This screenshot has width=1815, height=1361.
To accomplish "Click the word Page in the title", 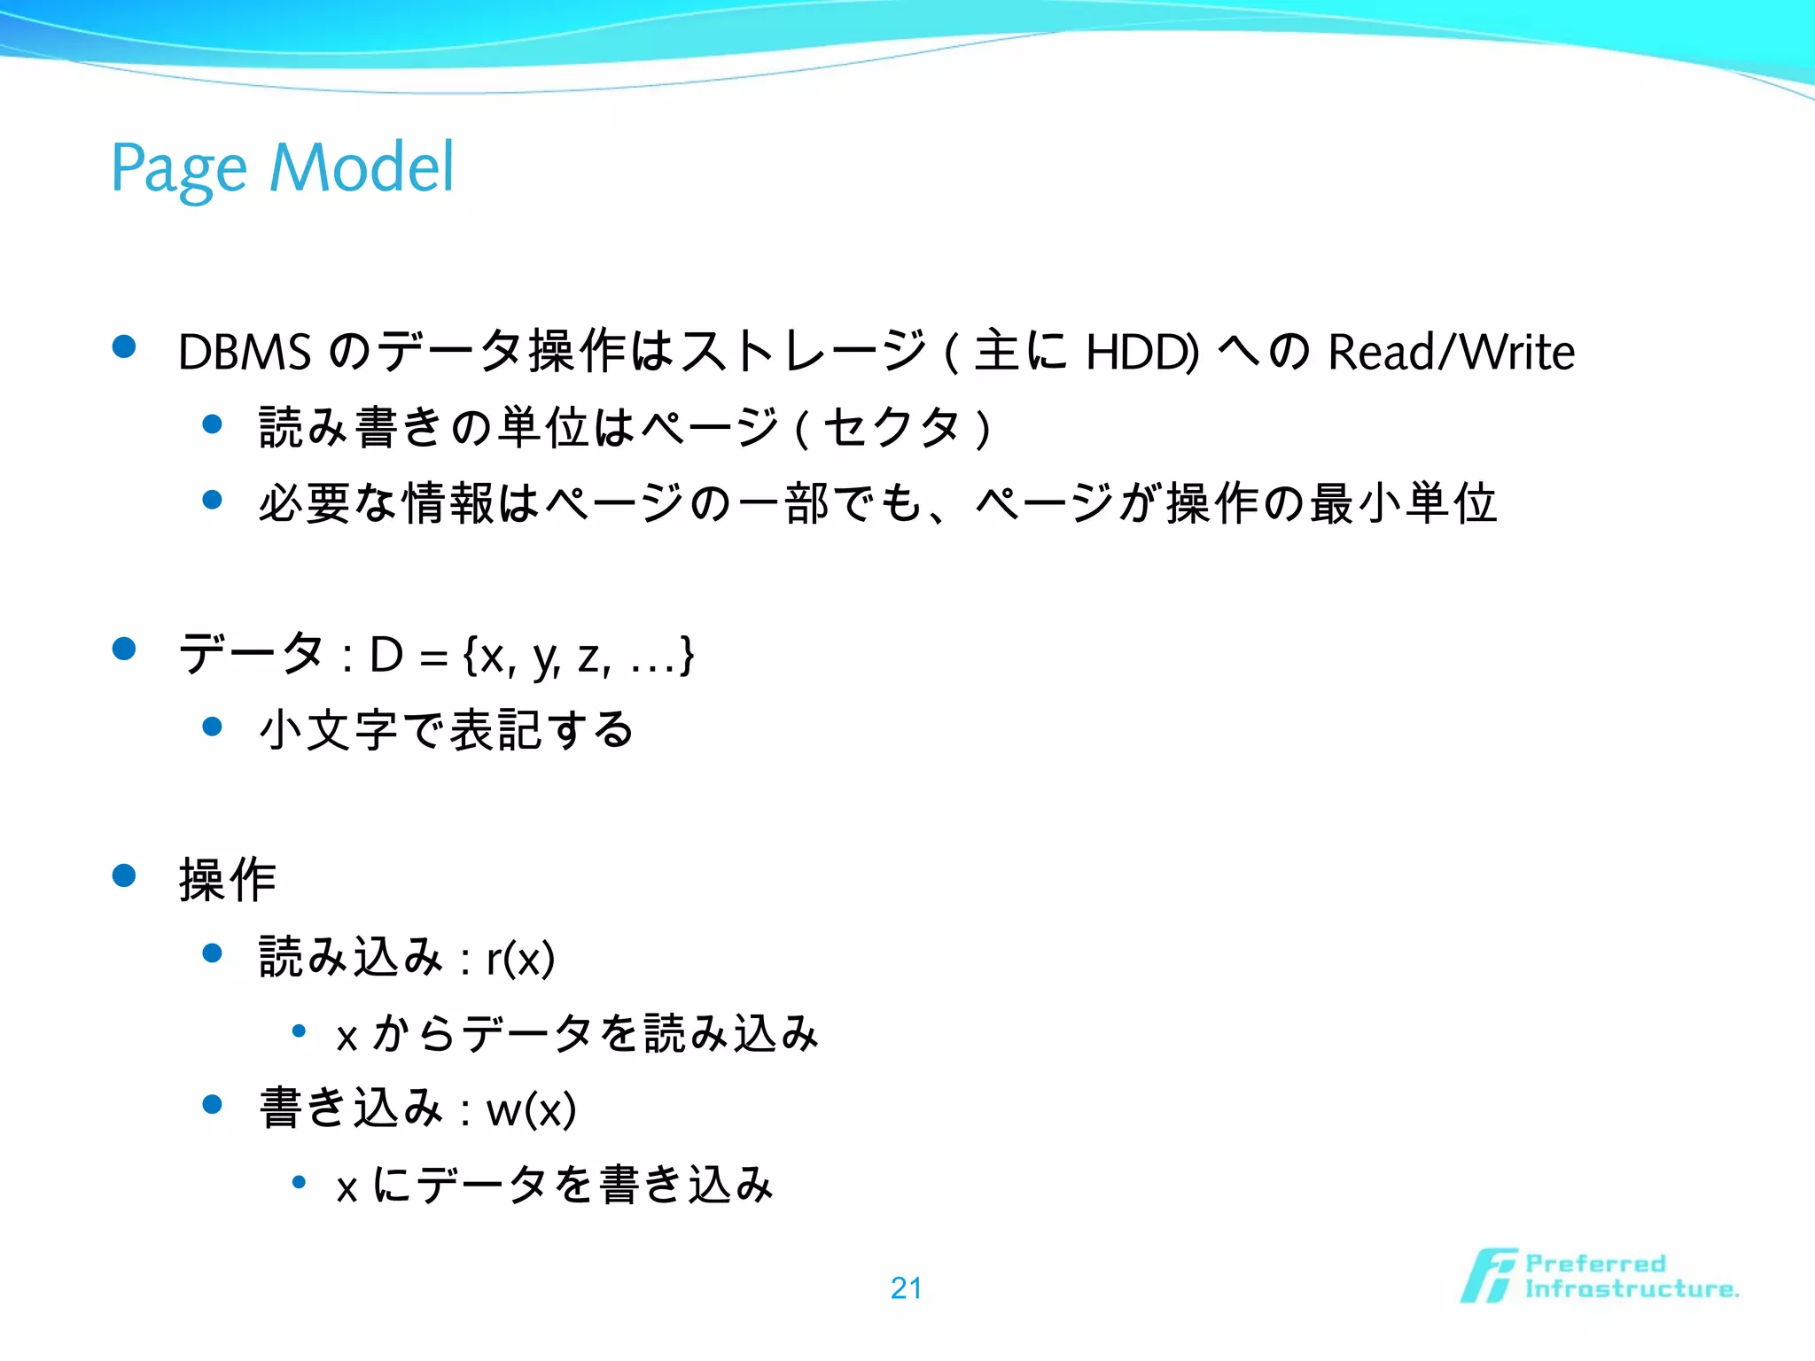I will [178, 168].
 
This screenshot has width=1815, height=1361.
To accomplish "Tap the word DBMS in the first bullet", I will [245, 352].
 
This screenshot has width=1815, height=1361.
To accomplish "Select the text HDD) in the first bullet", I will [1142, 352].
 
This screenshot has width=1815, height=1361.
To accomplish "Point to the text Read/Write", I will [1451, 352].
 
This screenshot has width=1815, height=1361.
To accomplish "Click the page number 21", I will [906, 1287].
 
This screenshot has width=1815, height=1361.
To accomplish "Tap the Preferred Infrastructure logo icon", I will [1488, 1276].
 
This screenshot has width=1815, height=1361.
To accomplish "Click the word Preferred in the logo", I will [1595, 1263].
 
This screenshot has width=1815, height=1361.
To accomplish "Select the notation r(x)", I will [521, 958].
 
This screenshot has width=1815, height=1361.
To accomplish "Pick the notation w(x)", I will [532, 1109].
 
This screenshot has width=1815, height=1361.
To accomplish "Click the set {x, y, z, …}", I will [578, 657].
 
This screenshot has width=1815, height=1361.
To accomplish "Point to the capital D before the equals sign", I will [386, 656].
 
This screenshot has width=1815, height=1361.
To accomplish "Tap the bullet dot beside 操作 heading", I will [124, 876].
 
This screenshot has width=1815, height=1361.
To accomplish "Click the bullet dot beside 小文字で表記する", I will [212, 727].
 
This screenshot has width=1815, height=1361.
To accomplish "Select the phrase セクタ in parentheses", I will [891, 428].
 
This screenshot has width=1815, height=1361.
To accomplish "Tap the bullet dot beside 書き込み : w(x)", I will [212, 1105].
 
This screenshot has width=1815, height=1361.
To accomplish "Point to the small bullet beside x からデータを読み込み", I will [299, 1030].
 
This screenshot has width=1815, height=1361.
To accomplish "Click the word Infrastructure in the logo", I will [1631, 1289].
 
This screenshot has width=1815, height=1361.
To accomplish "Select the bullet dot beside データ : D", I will [124, 649].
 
